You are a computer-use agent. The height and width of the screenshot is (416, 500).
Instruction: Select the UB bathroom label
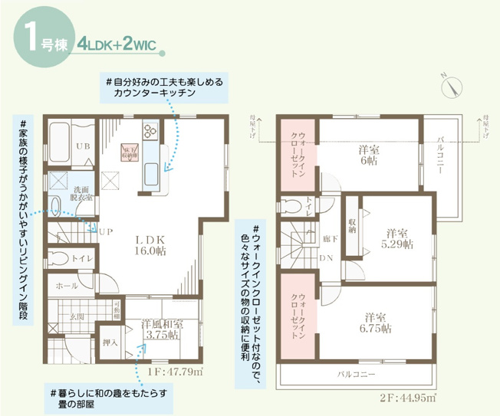(x=82, y=146)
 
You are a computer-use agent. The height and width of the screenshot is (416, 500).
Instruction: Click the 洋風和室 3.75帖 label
(x=162, y=329)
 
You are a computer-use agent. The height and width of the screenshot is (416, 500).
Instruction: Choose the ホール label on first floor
(x=67, y=285)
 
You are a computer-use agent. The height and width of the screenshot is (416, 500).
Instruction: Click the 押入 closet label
(x=109, y=342)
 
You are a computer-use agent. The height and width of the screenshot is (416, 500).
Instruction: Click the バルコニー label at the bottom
(x=356, y=375)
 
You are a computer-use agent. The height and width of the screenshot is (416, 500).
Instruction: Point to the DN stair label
(x=325, y=257)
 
